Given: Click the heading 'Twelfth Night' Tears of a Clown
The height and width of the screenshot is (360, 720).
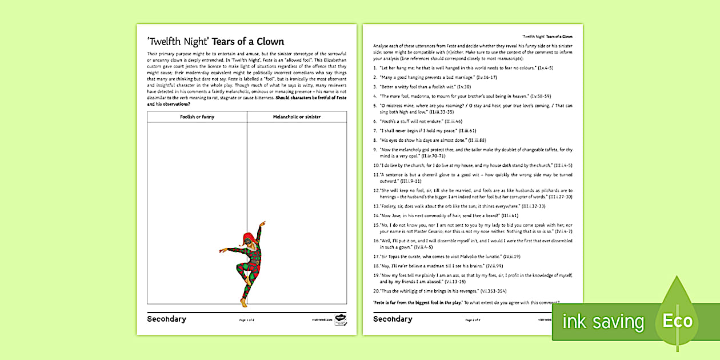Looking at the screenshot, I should coord(215,42).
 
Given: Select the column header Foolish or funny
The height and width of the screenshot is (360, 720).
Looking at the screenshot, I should coord(197,117).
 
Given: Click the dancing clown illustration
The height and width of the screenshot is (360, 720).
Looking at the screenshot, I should coord(245,263).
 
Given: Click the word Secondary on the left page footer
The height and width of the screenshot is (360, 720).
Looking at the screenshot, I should coord(166,319).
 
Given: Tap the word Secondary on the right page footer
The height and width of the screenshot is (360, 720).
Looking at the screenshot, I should coord(393,319).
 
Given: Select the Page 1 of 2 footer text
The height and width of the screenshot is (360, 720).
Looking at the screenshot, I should coord(247,320).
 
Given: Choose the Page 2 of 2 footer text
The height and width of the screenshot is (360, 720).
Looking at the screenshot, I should coord(473,320).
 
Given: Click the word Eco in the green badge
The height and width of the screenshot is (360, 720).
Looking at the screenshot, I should coord(677,321).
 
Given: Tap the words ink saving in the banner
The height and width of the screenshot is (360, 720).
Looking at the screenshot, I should coord(603,322).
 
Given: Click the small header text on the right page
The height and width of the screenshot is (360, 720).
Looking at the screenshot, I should coord(547,36).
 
